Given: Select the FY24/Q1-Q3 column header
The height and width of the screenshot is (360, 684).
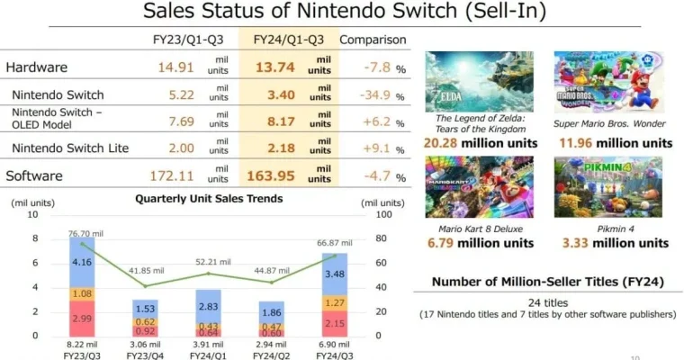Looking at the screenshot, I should tap(288, 40).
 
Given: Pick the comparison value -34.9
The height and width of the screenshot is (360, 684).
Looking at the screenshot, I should tap(367, 94).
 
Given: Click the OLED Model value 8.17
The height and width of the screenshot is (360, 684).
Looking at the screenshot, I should tap(279, 121).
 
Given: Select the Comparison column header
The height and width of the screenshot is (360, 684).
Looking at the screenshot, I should tap(373, 40).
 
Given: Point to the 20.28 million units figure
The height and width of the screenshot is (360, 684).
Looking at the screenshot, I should tap(480, 143).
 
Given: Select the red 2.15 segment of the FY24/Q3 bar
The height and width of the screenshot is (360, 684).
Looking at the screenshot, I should tap(333, 323).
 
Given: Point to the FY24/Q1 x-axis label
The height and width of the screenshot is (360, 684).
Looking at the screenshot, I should tap(209, 357).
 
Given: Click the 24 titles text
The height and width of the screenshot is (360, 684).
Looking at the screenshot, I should tap(547, 301).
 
